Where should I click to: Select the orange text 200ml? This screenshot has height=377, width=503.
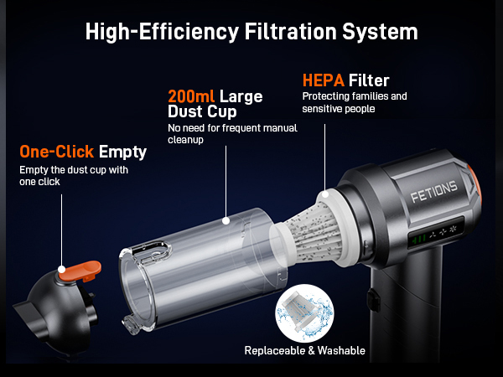193,96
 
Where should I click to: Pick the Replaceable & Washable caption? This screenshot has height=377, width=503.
304,350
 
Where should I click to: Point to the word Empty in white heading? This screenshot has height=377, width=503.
125,152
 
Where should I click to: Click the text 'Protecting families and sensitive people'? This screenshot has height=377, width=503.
355,103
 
